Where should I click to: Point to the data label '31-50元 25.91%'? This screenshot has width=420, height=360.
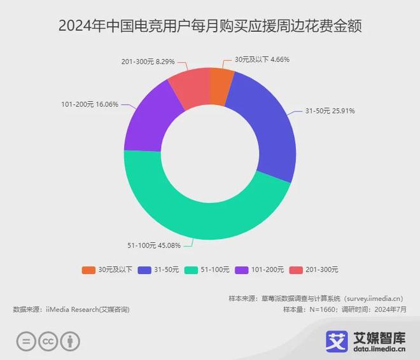(330, 111)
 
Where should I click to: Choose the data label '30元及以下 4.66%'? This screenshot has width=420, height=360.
(262, 60)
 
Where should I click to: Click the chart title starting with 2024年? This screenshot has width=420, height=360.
(209, 26)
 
